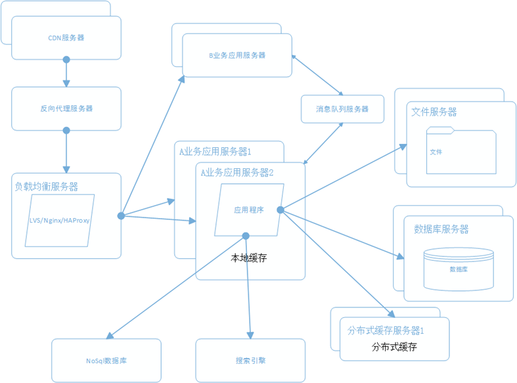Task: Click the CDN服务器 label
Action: (66, 38)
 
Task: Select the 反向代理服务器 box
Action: (66, 108)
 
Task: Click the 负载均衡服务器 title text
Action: (46, 187)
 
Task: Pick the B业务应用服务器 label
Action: (237, 56)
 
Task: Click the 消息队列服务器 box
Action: (342, 109)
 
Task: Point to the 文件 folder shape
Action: (461, 152)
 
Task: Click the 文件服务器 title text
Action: (434, 112)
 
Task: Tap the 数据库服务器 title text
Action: (441, 229)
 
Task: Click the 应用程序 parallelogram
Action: (249, 210)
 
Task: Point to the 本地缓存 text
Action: (249, 258)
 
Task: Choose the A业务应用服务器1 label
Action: (215, 152)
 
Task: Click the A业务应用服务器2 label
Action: (237, 173)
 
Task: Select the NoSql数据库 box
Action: (106, 361)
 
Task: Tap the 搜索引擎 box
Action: (250, 361)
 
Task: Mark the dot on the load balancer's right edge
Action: (122, 215)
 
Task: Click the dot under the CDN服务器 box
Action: (66, 60)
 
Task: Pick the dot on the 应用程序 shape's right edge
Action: (280, 210)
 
